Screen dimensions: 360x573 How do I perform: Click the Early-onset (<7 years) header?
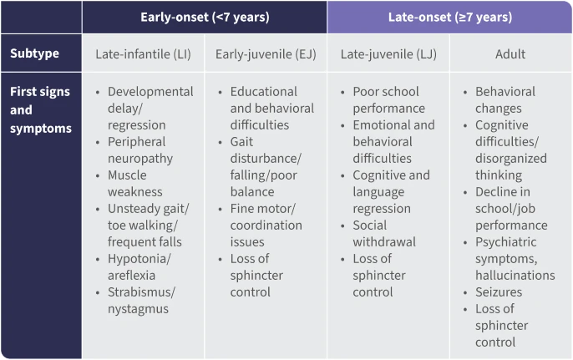pos(204,17)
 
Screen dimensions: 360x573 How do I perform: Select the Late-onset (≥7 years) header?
pos(449,17)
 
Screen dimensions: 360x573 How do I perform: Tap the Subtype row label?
pos(34,54)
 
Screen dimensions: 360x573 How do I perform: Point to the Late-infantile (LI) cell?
pos(143,54)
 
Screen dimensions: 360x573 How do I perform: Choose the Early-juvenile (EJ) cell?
pos(266,54)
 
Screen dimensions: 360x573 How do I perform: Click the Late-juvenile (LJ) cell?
pos(388,54)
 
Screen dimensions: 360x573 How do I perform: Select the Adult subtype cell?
pos(510,54)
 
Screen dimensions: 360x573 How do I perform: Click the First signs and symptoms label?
pos(39,109)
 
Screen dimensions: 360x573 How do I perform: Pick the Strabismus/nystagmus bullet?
pos(141,301)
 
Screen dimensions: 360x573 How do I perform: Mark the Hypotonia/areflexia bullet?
pos(139,267)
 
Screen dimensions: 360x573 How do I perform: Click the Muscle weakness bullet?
pos(128,184)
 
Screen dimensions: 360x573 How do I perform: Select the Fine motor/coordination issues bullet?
pos(266,226)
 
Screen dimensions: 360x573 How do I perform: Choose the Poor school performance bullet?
pos(388,100)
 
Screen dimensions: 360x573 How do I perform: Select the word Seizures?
pos(499,292)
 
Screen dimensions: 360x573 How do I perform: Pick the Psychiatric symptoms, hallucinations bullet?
pos(514,259)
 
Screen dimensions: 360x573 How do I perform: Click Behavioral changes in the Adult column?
pos(505,100)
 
